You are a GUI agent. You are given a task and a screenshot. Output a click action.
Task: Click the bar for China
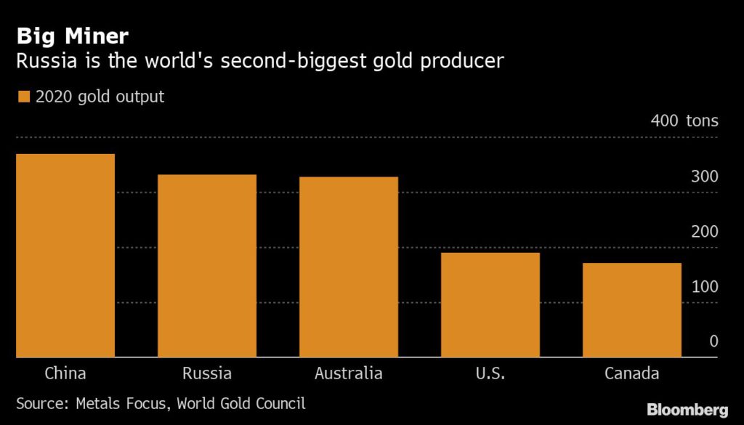(65, 256)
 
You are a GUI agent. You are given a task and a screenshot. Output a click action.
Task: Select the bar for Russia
(207, 266)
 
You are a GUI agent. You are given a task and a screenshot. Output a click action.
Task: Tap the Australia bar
(349, 267)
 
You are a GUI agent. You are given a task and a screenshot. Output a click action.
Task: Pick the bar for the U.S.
(490, 305)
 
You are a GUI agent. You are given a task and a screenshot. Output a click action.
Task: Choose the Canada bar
(632, 310)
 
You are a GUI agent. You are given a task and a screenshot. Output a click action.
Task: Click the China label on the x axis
(65, 374)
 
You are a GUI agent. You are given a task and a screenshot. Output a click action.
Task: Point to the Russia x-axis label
(207, 374)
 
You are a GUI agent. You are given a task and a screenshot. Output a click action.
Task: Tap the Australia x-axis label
(349, 374)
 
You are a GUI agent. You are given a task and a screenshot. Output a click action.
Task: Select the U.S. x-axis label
(490, 374)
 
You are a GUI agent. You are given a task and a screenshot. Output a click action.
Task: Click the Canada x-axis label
(632, 374)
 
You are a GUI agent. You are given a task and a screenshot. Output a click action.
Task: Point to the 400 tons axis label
(684, 121)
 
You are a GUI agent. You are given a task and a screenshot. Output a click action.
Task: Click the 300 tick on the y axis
(705, 177)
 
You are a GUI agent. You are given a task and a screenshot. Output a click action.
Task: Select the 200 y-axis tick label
(705, 232)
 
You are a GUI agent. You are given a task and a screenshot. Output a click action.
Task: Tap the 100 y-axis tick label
(705, 286)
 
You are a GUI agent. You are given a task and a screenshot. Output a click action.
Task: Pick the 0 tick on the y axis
(713, 341)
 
